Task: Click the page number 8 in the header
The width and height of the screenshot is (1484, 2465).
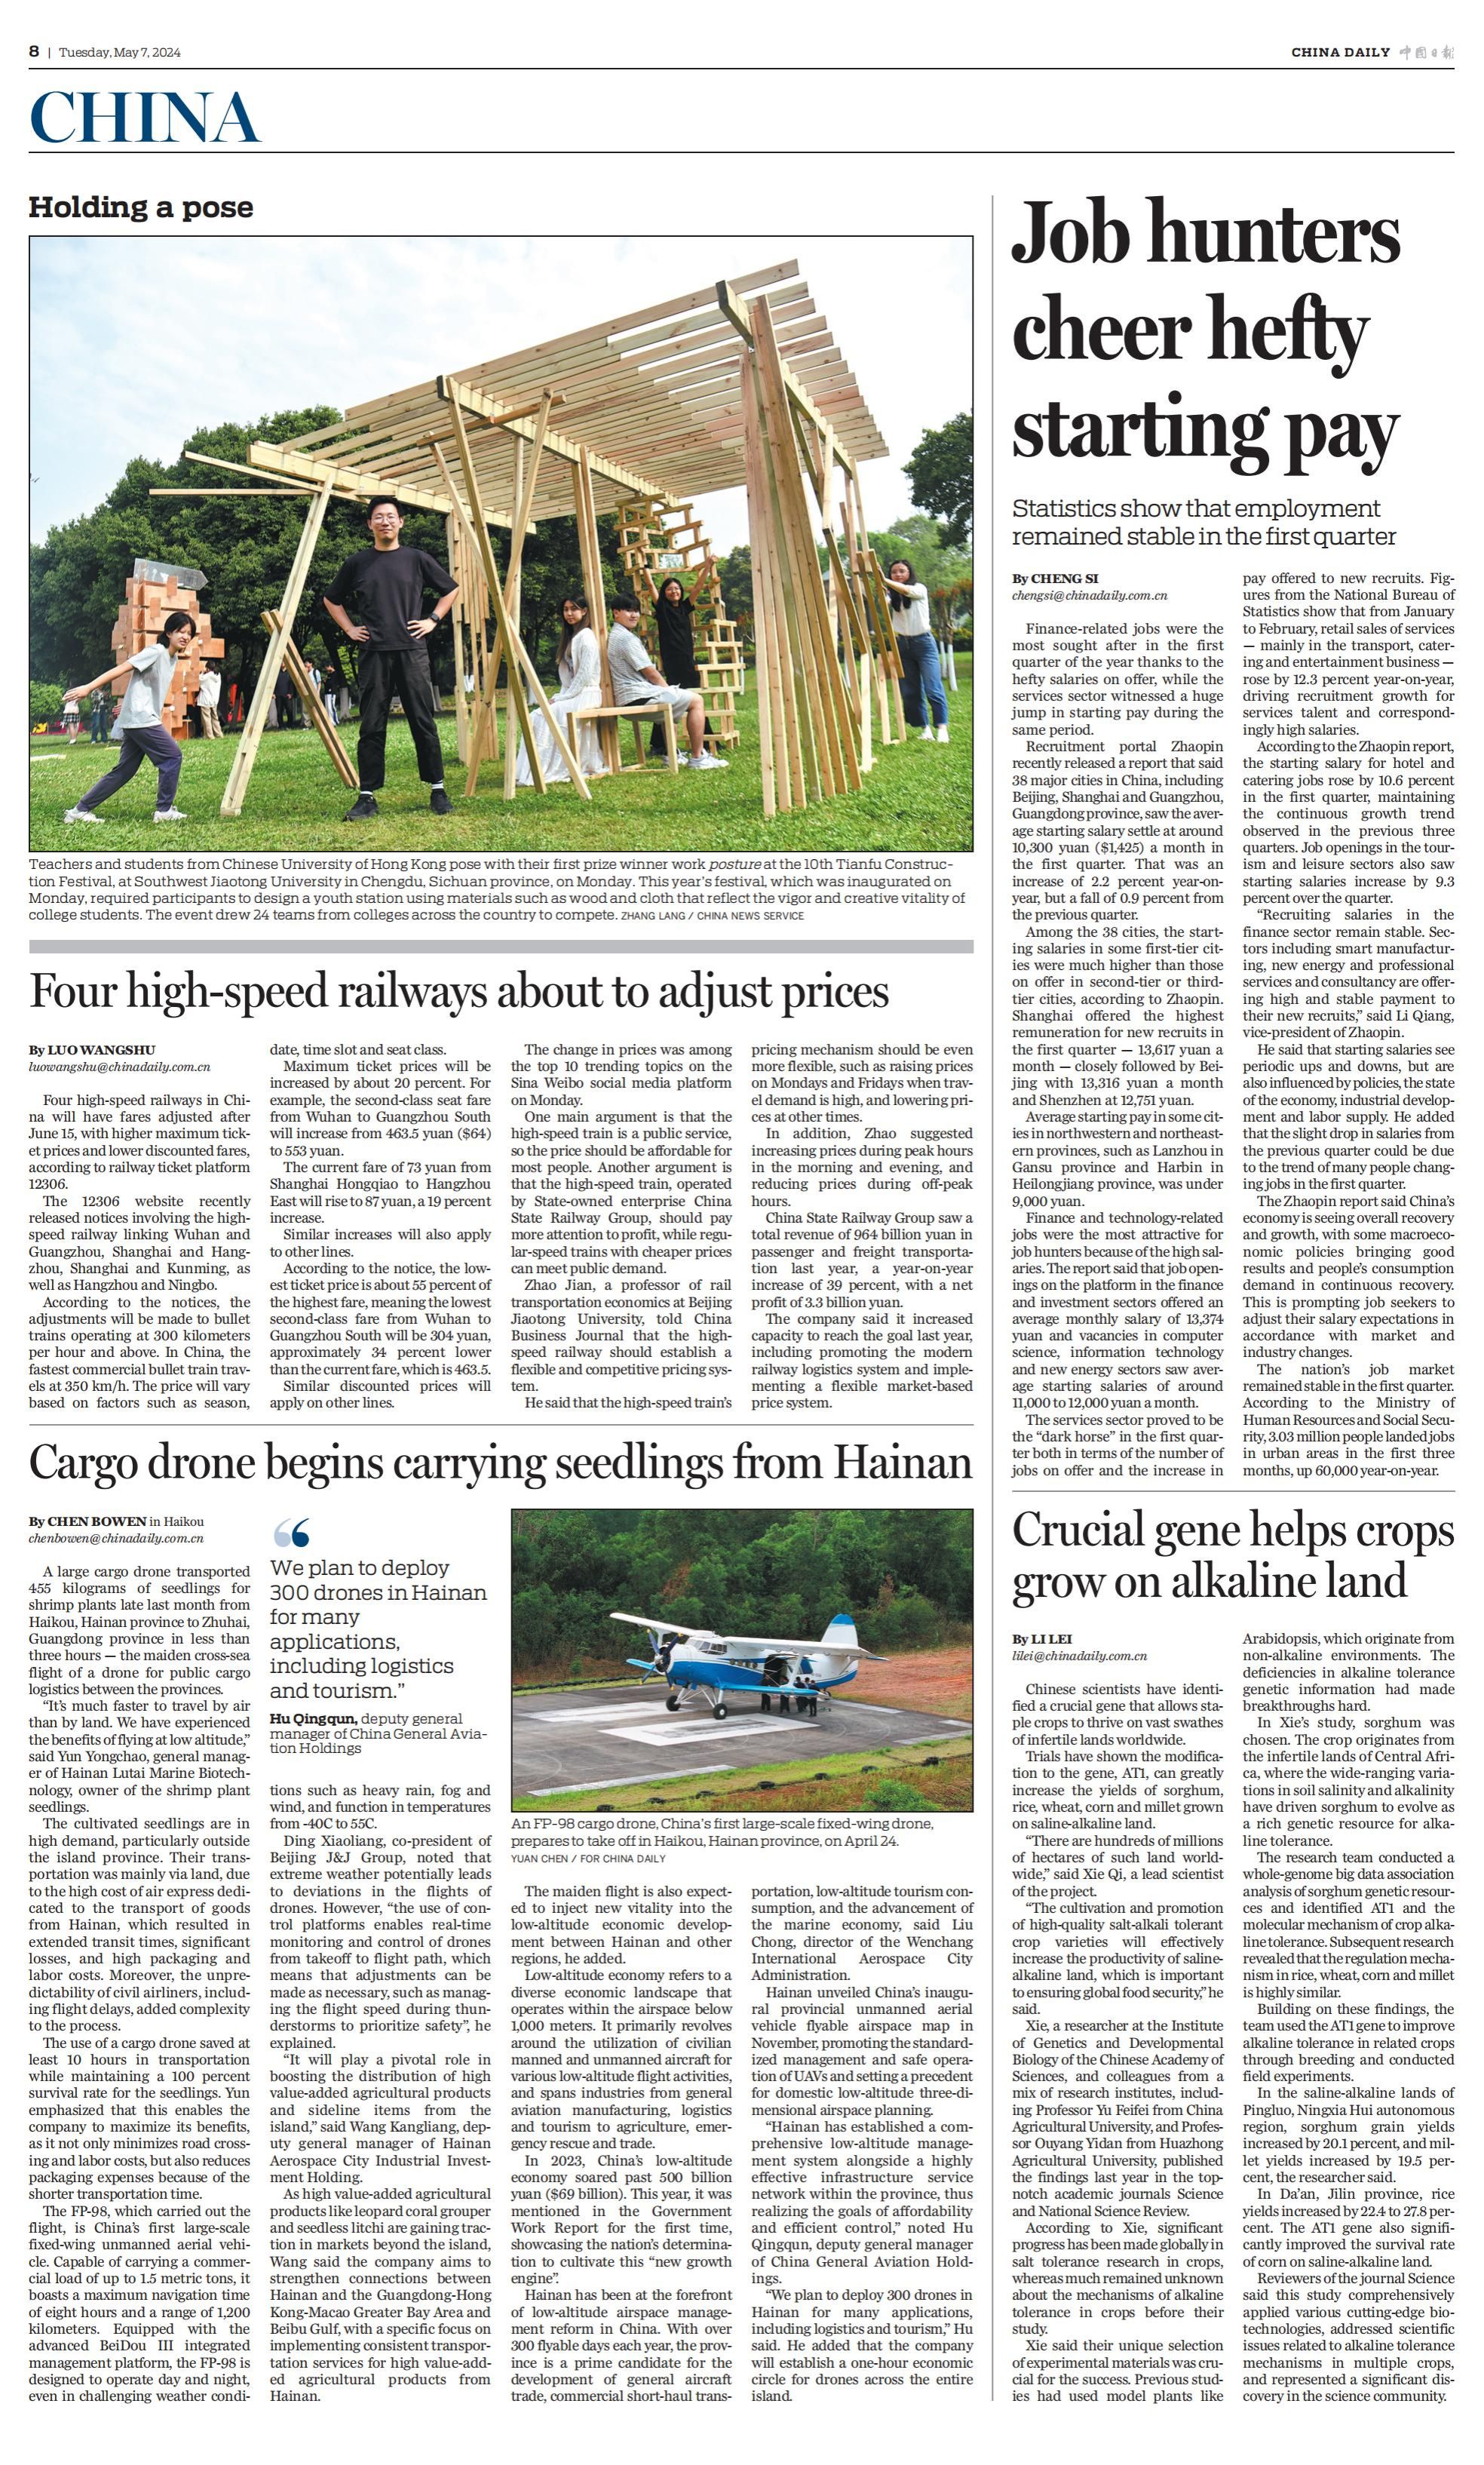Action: point(34,51)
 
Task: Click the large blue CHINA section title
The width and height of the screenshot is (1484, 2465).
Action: point(144,117)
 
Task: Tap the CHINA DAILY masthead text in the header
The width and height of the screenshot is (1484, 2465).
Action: point(1339,52)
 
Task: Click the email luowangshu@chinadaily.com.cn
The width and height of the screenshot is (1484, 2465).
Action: point(119,1067)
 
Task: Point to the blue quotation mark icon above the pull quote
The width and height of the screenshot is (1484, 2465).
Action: point(291,1532)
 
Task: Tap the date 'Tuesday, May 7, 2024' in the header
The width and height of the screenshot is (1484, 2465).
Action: point(120,52)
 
